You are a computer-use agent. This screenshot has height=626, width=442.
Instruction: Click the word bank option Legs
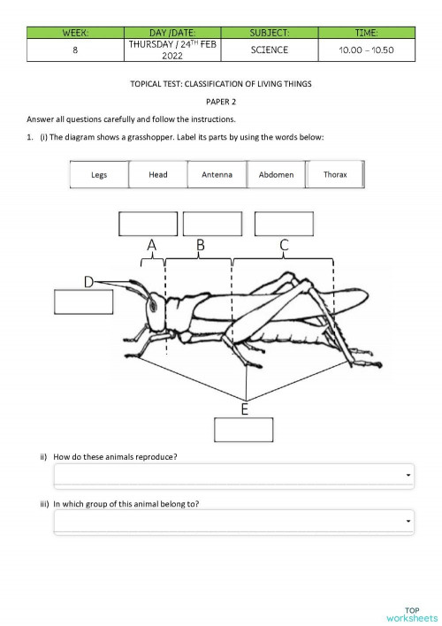(x=99, y=175)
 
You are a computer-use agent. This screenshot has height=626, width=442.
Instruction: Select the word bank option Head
(x=158, y=175)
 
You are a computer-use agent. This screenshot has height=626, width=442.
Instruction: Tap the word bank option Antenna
(x=217, y=175)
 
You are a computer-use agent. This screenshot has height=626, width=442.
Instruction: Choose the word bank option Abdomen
(x=276, y=175)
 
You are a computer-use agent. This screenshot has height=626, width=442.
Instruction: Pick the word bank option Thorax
(x=335, y=175)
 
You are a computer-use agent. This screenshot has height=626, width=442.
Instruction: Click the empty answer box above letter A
(x=149, y=224)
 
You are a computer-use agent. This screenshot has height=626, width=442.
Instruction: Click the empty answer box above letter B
(x=212, y=224)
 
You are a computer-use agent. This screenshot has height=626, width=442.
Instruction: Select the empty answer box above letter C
(x=284, y=224)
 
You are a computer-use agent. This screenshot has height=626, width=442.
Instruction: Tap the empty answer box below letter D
(x=84, y=302)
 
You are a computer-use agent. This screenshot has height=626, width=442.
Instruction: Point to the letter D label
(x=89, y=281)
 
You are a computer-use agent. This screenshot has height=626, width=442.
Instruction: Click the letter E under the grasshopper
(x=245, y=408)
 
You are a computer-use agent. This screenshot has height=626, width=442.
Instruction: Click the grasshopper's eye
(x=152, y=306)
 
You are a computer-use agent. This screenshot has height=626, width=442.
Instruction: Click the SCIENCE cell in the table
(x=269, y=50)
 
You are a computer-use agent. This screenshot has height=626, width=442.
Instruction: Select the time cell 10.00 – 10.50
(x=366, y=50)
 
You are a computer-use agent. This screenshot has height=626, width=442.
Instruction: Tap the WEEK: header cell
(x=75, y=33)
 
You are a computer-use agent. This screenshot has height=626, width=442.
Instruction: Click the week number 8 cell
(x=75, y=50)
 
